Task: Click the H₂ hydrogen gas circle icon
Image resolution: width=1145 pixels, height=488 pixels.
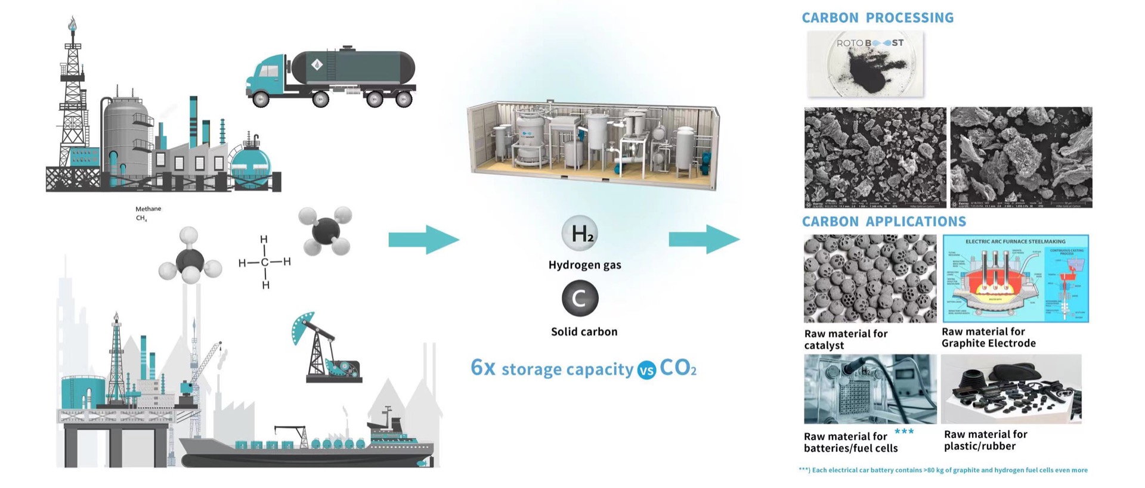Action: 580,234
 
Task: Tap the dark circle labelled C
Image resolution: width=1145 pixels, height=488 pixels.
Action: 580,298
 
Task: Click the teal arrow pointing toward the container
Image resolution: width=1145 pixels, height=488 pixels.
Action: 423,240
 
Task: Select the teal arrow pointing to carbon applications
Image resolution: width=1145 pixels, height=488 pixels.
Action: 704,240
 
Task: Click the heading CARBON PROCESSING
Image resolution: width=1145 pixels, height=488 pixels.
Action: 877,18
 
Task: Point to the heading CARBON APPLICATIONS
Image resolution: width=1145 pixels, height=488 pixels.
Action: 883,222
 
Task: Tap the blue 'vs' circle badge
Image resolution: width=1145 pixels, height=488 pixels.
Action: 646,370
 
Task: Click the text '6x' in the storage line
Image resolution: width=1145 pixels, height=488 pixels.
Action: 482,368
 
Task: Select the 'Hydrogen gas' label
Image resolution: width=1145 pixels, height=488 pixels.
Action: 584,265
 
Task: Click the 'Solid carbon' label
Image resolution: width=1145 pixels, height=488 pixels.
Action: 584,332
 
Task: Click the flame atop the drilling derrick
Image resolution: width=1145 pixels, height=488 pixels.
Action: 73,24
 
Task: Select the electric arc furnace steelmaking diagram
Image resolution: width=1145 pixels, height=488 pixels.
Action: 1015,278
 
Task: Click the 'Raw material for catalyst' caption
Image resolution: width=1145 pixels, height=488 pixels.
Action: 845,339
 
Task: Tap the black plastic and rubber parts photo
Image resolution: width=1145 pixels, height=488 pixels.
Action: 1011,388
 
